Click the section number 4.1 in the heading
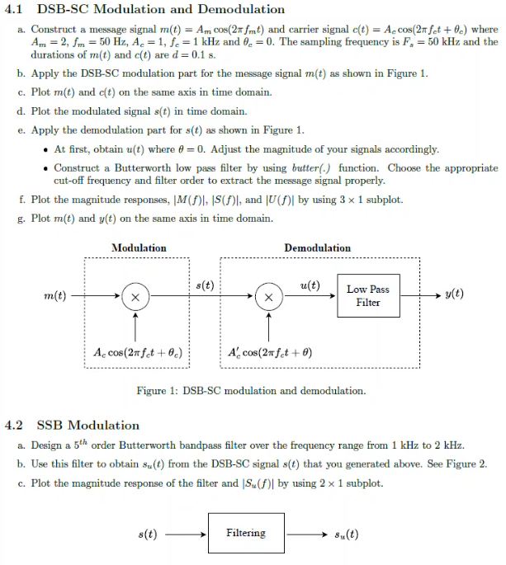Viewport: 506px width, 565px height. (x=15, y=10)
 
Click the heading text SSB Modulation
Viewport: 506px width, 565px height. (x=88, y=426)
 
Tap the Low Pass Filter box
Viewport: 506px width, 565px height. (x=368, y=296)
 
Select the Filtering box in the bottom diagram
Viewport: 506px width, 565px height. (x=246, y=533)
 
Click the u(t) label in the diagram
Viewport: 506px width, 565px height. (x=310, y=285)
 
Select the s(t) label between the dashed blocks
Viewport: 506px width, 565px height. (x=206, y=285)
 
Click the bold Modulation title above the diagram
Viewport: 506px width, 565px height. (x=139, y=248)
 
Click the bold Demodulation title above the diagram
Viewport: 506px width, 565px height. (x=317, y=248)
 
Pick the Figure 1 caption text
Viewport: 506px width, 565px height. (x=251, y=391)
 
